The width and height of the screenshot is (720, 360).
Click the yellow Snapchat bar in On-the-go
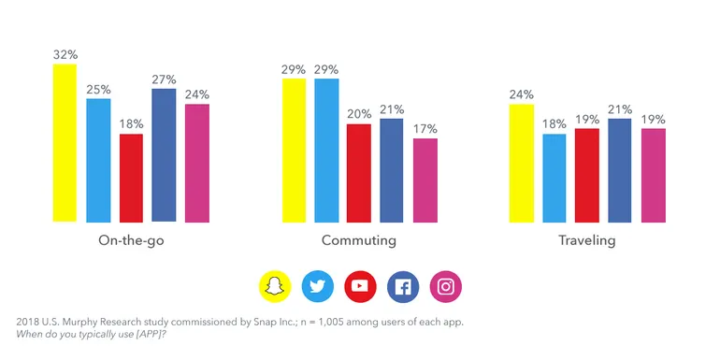(x=64, y=143)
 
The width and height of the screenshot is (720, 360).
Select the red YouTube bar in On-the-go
(x=131, y=178)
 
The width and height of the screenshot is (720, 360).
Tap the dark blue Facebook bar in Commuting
(x=392, y=170)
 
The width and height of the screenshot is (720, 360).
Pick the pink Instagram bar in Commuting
(x=425, y=180)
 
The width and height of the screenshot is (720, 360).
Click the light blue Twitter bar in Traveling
(x=554, y=178)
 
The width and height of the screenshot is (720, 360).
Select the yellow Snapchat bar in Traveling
(x=521, y=164)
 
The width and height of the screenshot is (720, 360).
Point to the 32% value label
(x=65, y=54)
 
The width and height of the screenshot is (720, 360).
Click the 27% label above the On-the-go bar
(x=164, y=79)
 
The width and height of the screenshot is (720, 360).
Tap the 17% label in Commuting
(x=425, y=128)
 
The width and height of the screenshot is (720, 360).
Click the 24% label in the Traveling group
(x=522, y=94)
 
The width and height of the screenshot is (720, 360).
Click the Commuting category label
(x=359, y=240)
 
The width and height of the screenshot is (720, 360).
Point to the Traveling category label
(x=586, y=240)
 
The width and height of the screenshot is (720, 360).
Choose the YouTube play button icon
(x=360, y=287)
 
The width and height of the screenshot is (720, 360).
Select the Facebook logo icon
(x=403, y=287)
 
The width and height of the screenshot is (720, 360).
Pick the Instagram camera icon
(x=446, y=287)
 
